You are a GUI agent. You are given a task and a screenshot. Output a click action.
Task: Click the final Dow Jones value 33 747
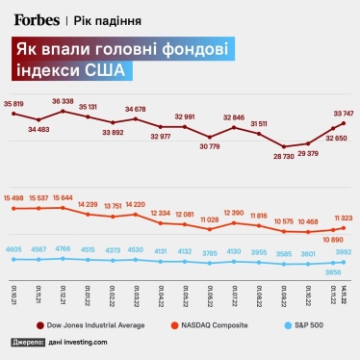[x=344, y=111]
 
